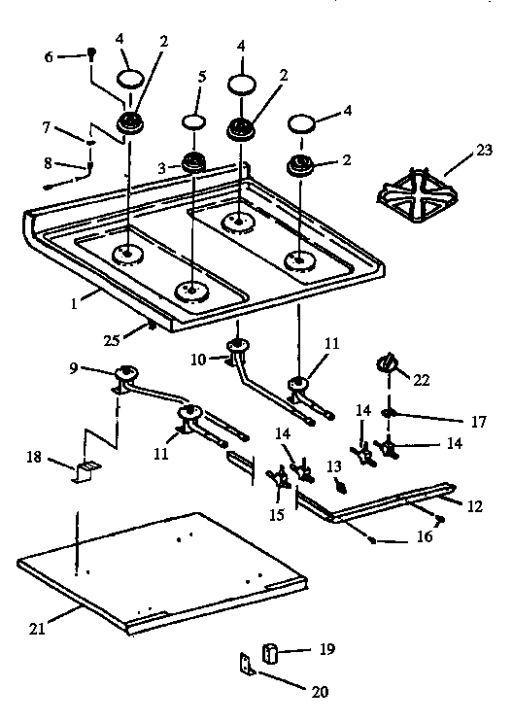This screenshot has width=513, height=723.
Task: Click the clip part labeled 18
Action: pos(84,471)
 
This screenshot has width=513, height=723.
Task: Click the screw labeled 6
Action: pos(90,52)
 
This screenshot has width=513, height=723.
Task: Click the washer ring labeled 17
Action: pos(389,412)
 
